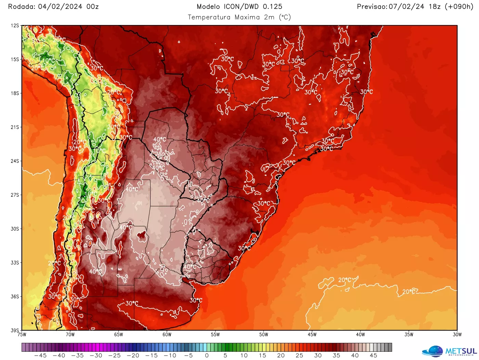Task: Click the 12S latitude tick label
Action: [15, 26]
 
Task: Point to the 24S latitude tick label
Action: [15, 161]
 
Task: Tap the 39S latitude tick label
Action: [15, 330]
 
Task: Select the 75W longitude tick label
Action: [22, 335]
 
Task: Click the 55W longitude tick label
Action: [215, 335]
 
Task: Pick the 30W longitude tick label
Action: [457, 335]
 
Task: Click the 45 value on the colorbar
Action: [373, 356]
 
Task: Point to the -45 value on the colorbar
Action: [41, 356]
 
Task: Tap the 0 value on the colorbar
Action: [207, 356]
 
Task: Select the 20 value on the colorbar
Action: [281, 356]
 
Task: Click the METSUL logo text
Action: [461, 351]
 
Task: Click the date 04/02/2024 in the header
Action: [60, 7]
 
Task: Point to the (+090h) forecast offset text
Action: [459, 7]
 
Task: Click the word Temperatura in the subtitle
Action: [209, 17]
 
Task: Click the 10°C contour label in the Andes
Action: [48, 60]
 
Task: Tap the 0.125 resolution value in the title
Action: [273, 7]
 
